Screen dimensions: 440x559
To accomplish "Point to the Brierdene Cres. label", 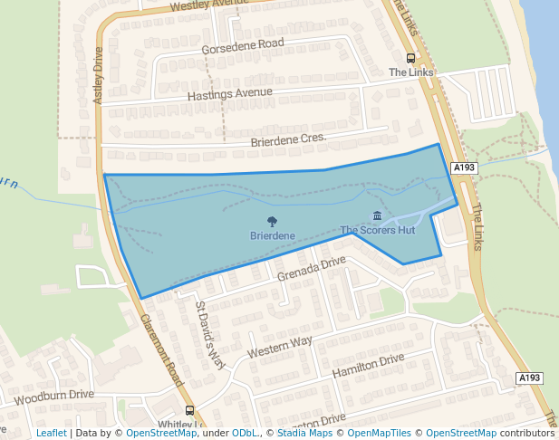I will coord(287,140).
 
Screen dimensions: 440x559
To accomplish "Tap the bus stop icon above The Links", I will coord(411,58).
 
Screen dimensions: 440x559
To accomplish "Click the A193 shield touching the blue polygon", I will coord(464,167).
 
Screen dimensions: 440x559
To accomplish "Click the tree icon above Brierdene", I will coord(272,221).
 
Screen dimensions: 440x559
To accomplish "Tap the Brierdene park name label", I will coord(272,235).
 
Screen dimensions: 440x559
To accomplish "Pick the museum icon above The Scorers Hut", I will coord(377,215).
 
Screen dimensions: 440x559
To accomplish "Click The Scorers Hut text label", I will coord(377,230).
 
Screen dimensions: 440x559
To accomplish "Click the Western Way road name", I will coord(279,345).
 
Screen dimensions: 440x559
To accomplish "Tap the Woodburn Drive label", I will coord(54,396).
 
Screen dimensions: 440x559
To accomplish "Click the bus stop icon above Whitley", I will coord(189,410).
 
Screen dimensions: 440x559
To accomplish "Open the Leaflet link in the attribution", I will coord(51,434).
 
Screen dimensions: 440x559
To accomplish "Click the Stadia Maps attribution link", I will coord(304,434).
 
